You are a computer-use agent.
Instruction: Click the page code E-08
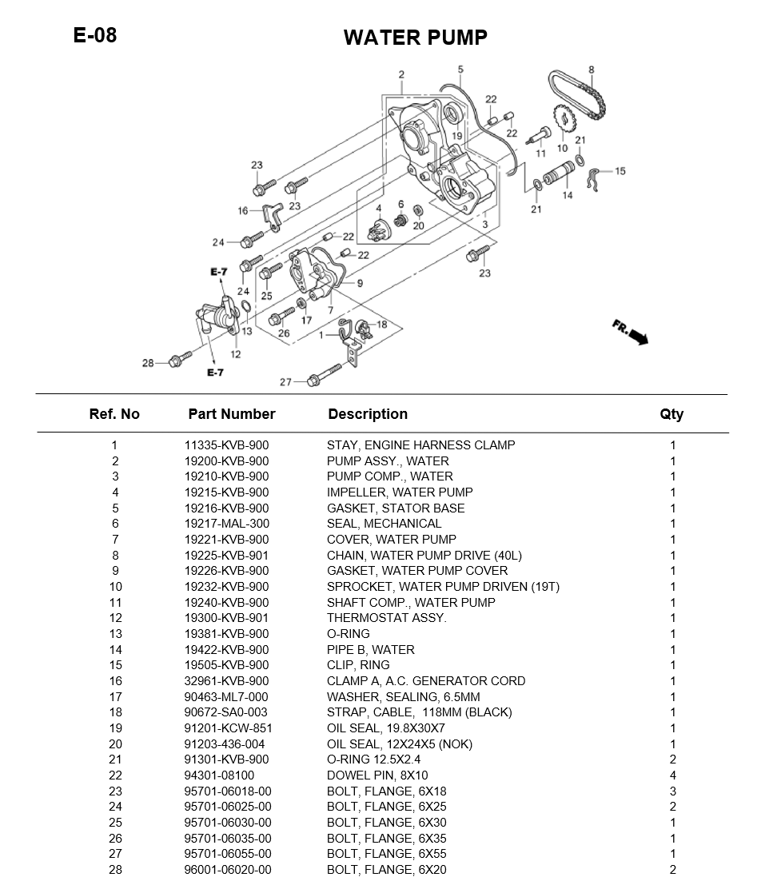tap(94, 35)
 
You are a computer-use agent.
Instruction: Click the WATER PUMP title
tap(415, 38)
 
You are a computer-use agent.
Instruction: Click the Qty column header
tap(671, 414)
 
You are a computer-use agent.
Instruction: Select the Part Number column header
tap(231, 414)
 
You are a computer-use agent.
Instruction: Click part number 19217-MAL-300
tap(226, 524)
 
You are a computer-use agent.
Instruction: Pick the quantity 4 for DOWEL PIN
tap(672, 775)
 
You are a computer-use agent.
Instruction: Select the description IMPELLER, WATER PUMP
tap(399, 492)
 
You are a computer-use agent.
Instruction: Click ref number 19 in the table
tap(115, 728)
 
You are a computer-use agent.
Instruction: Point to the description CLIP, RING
tap(357, 665)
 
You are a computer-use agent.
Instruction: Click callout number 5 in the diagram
tap(461, 70)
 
